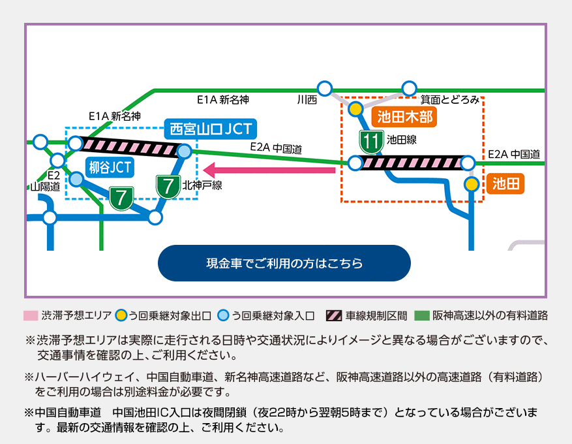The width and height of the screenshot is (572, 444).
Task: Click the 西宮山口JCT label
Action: [210, 129]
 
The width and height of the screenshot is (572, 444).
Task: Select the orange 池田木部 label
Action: [403, 118]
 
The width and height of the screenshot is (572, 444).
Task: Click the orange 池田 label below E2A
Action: [505, 184]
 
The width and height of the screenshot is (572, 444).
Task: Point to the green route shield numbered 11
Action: [372, 140]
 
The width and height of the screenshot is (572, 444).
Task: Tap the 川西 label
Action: [307, 100]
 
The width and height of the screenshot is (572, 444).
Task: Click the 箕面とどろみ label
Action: [449, 100]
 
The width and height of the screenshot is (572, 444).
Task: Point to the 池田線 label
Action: [401, 139]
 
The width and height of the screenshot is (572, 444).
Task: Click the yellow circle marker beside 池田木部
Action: [355, 109]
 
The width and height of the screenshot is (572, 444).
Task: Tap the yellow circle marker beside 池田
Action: [472, 184]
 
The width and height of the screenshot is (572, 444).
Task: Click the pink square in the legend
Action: [30, 316]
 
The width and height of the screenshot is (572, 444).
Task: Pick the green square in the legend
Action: [423, 316]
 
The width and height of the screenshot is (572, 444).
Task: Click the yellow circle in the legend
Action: [121, 316]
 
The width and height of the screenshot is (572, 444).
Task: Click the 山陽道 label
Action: [45, 186]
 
